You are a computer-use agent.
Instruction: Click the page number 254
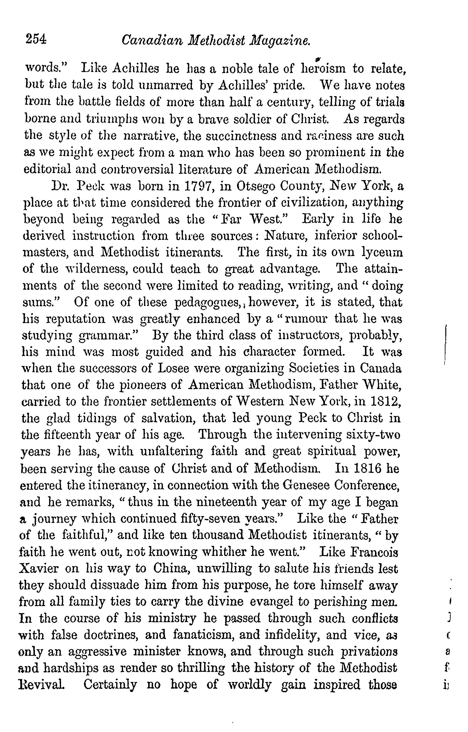point(36,40)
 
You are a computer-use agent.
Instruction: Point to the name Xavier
point(38,569)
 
